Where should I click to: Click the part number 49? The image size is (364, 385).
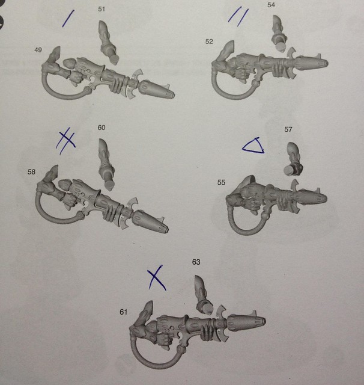[38, 50]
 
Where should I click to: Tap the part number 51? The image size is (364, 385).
[102, 9]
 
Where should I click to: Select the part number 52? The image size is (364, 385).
[209, 42]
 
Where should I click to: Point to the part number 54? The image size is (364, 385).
[271, 5]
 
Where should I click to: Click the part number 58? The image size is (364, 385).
[31, 172]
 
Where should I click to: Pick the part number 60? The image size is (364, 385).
[102, 128]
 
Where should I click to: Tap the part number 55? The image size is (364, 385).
[221, 182]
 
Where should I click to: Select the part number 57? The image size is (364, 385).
[288, 129]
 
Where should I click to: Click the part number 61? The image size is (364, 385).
[124, 312]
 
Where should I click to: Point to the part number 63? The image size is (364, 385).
[196, 262]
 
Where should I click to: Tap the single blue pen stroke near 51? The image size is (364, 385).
[68, 19]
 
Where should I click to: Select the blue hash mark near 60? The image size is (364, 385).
[65, 141]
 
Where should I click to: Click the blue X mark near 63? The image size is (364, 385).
[156, 277]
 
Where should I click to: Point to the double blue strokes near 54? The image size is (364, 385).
[238, 17]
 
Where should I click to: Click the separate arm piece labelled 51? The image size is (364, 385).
[108, 42]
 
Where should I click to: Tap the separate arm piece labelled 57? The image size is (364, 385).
[294, 159]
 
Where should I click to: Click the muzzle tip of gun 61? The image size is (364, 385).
[264, 321]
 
